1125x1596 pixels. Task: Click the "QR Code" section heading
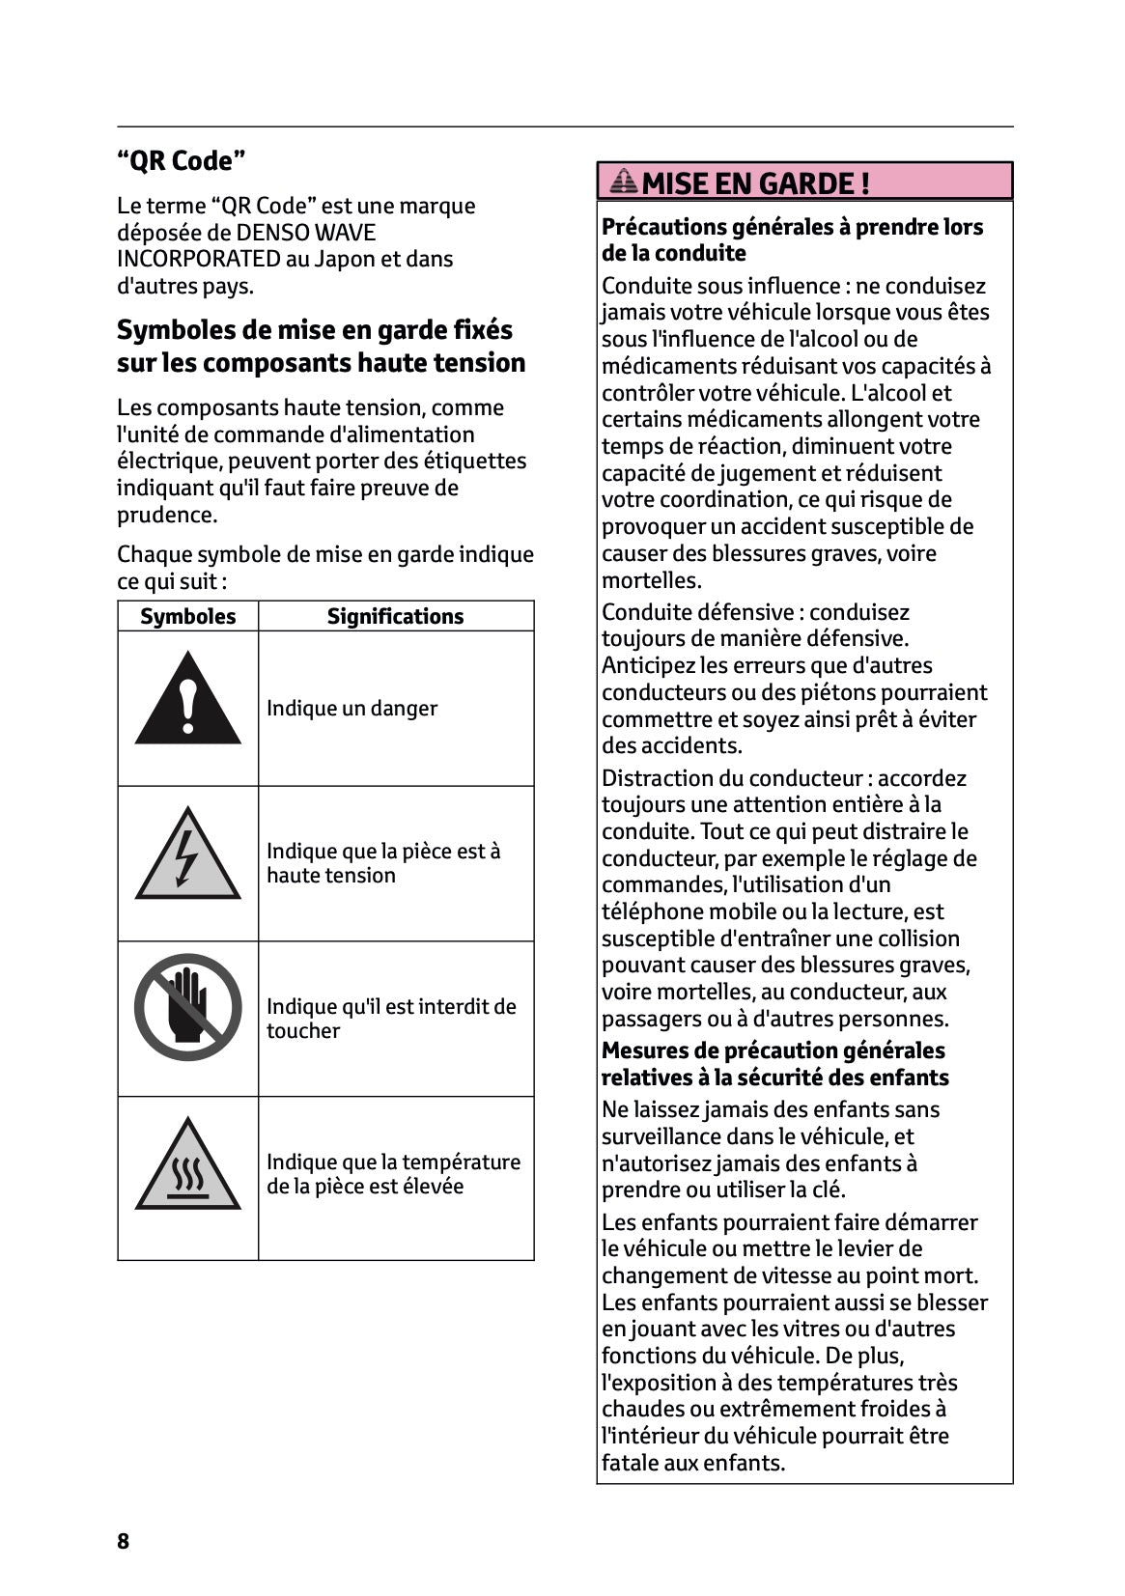(181, 161)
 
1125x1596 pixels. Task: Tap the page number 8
(123, 1540)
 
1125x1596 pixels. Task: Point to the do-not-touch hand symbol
(187, 1007)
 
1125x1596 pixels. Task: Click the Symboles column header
(187, 616)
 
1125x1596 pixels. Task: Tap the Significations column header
(395, 616)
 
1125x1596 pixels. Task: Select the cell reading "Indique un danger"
(352, 709)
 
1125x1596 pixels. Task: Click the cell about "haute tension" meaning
(383, 863)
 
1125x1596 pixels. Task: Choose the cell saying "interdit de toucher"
(391, 1019)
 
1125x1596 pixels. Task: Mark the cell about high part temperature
(393, 1174)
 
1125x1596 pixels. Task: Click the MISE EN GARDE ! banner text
(755, 183)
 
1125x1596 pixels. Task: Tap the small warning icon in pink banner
(625, 181)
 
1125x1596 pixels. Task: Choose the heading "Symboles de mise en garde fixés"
(315, 330)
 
